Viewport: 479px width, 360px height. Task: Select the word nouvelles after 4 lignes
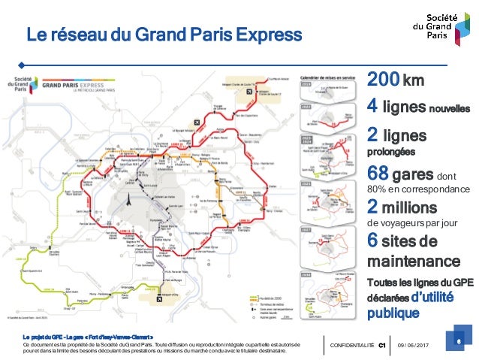pos(449,108)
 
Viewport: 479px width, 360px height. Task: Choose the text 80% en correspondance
pos(416,189)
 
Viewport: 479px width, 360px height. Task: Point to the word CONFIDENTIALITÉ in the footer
pos(351,345)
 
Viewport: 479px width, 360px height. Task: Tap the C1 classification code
pos(381,345)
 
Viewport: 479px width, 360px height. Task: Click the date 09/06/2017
pos(412,345)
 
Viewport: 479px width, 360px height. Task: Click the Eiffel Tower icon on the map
pos(128,200)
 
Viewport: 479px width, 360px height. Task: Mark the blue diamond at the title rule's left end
pos(23,63)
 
